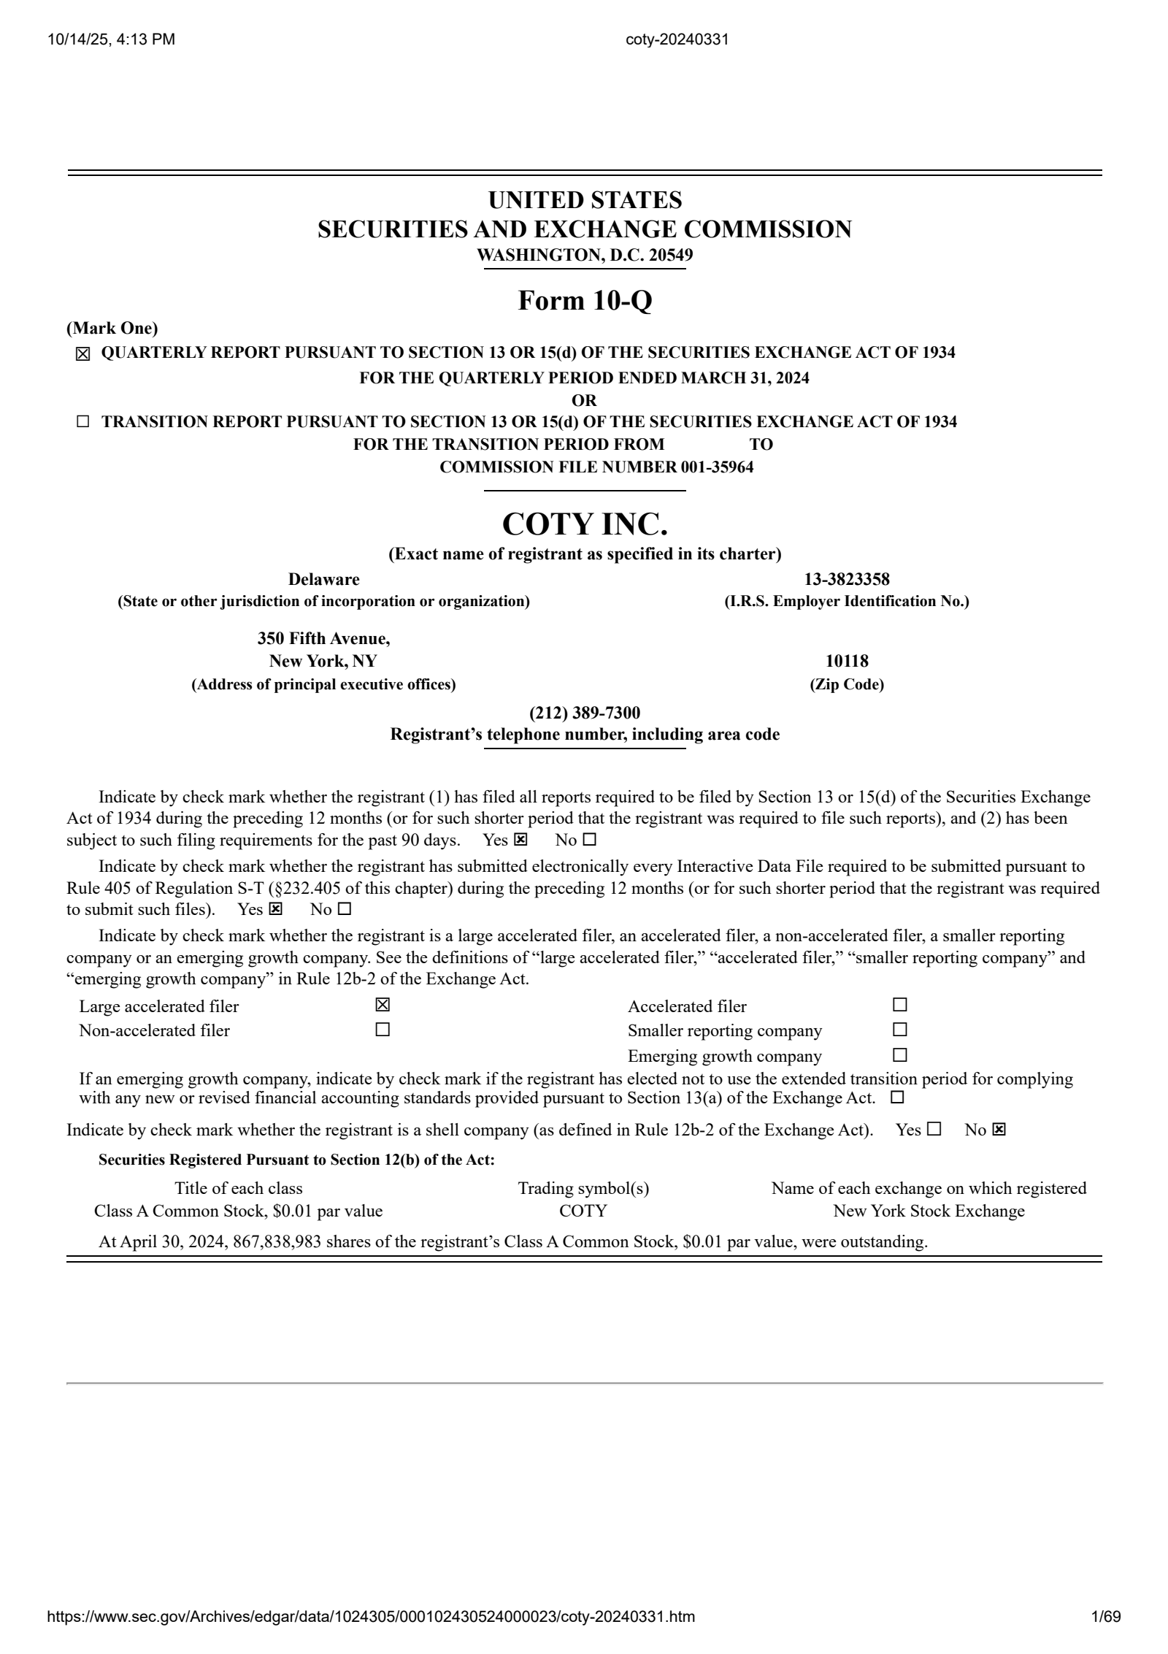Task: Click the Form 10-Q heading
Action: pos(584,301)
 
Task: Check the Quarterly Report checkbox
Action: pos(83,354)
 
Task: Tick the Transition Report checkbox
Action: pos(83,422)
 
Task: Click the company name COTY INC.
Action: pos(584,524)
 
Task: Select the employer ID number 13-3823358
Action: pos(847,580)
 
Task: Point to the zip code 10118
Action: pos(847,662)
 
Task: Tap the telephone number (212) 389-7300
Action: pos(584,713)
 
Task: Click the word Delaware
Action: pos(323,580)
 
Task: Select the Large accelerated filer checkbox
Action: pos(383,1006)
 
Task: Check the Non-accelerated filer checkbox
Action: pos(383,1030)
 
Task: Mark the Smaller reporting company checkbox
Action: pos(900,1030)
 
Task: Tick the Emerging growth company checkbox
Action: pos(900,1055)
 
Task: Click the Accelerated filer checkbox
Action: pos(900,1006)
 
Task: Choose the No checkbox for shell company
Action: pos(999,1130)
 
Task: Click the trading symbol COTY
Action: pos(583,1211)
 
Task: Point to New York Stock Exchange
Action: pos(929,1211)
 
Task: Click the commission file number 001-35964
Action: pos(717,467)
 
